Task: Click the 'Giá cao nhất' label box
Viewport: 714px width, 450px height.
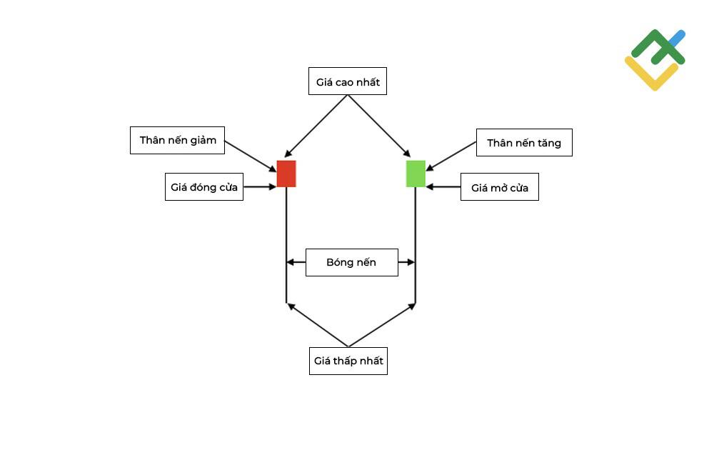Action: pyautogui.click(x=348, y=81)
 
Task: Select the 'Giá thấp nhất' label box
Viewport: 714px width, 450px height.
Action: pyautogui.click(x=348, y=361)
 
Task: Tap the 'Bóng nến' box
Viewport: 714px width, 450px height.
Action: pyautogui.click(x=351, y=262)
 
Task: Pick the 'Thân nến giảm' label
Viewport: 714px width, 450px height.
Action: pyautogui.click(x=177, y=140)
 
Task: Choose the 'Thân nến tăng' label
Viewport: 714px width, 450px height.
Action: pyautogui.click(x=524, y=143)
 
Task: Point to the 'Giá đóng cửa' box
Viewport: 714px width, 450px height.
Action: pyautogui.click(x=204, y=186)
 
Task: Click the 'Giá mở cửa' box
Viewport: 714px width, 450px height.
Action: pyautogui.click(x=500, y=186)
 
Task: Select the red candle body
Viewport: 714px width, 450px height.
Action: pyautogui.click(x=286, y=174)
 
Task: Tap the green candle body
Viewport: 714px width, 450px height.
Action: pyautogui.click(x=416, y=174)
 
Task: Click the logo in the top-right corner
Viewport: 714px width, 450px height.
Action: pyautogui.click(x=655, y=60)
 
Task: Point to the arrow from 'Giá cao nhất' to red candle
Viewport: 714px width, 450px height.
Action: pyautogui.click(x=316, y=126)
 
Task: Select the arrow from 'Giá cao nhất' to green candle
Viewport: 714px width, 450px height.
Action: pyautogui.click(x=379, y=126)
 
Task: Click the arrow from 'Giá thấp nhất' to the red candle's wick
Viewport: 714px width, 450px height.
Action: pyautogui.click(x=318, y=325)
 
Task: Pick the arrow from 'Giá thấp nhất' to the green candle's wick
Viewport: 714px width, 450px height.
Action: pyautogui.click(x=382, y=325)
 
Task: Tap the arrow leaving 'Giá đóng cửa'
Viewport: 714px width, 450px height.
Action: pyautogui.click(x=260, y=186)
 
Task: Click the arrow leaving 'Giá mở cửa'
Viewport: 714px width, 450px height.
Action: pyautogui.click(x=443, y=186)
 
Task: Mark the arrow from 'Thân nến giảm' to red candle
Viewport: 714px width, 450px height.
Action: pyautogui.click(x=251, y=156)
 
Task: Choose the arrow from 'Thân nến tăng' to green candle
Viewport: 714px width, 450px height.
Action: pyautogui.click(x=451, y=156)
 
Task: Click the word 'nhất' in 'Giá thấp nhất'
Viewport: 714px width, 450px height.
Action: pyautogui.click(x=372, y=361)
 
